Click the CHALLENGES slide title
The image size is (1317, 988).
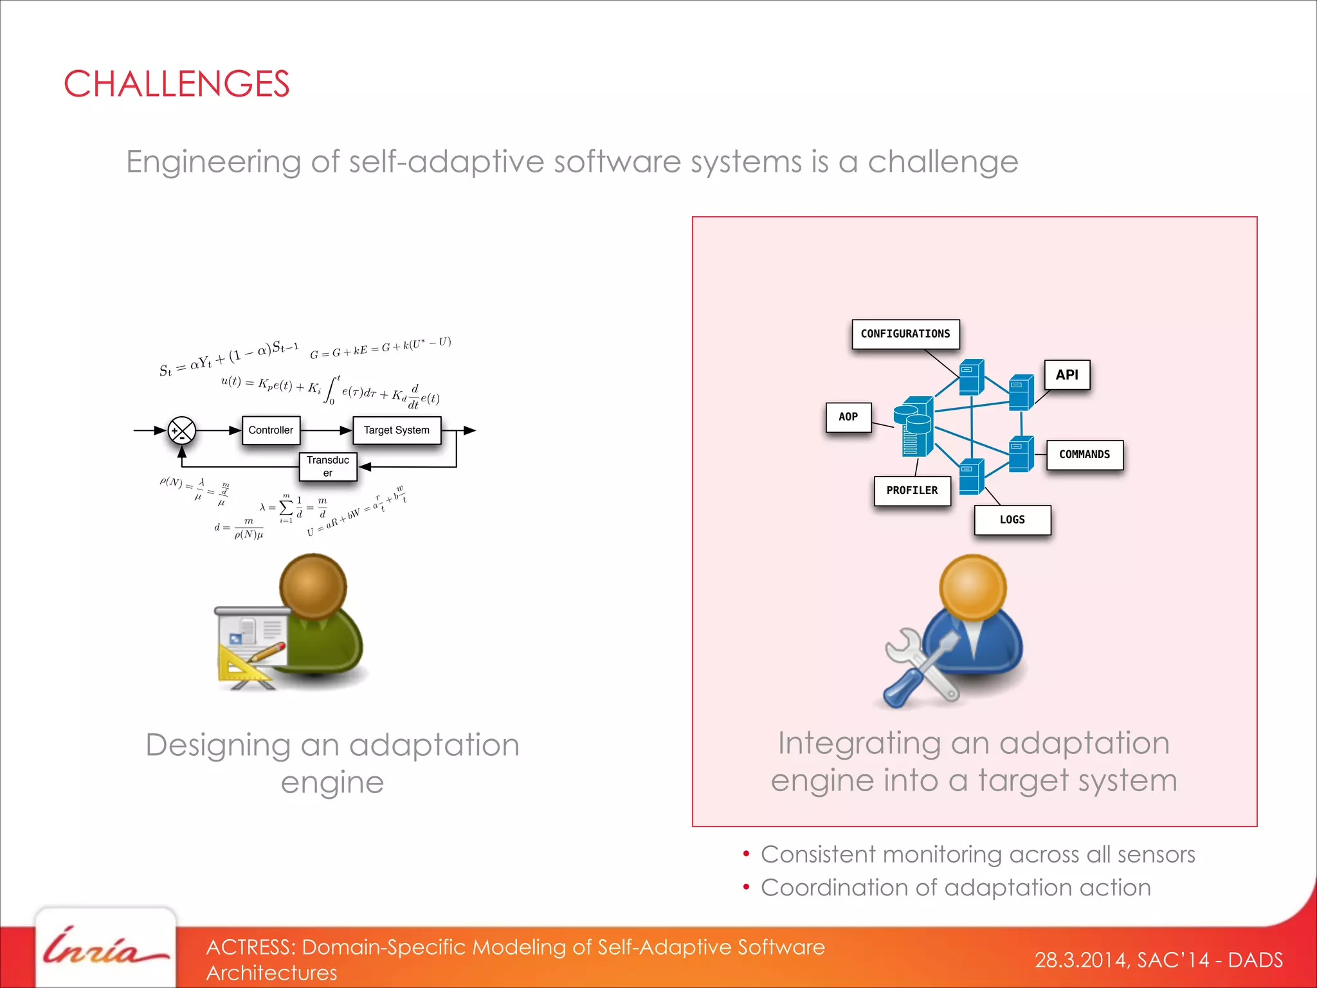[176, 84]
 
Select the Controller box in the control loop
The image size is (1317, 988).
[271, 430]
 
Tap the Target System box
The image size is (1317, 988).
[396, 430]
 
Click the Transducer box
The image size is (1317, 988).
[328, 466]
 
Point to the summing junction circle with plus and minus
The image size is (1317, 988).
[182, 431]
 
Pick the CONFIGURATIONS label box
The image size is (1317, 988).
[905, 334]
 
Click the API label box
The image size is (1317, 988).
[1066, 375]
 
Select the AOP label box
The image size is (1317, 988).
[848, 417]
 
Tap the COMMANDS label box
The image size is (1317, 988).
[1084, 455]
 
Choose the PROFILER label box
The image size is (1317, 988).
[912, 491]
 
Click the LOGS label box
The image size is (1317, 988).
[1012, 520]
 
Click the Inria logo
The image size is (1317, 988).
[103, 949]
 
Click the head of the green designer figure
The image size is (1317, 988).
[313, 586]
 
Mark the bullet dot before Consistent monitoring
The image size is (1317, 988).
[746, 854]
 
